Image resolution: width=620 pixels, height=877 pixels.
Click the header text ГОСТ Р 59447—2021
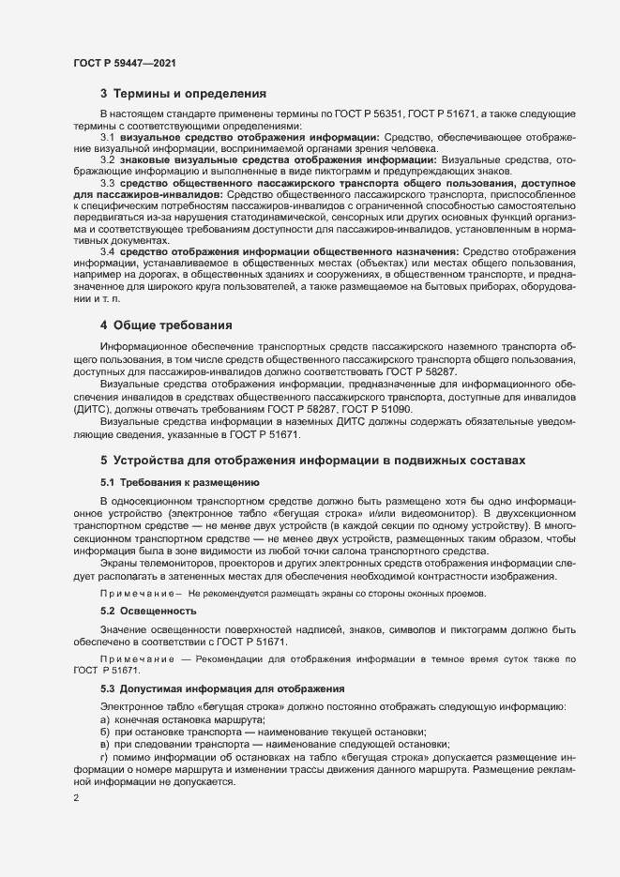tap(122, 62)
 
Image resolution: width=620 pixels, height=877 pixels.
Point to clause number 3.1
tap(108, 137)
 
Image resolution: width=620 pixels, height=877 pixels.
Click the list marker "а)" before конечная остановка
tap(105, 718)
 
